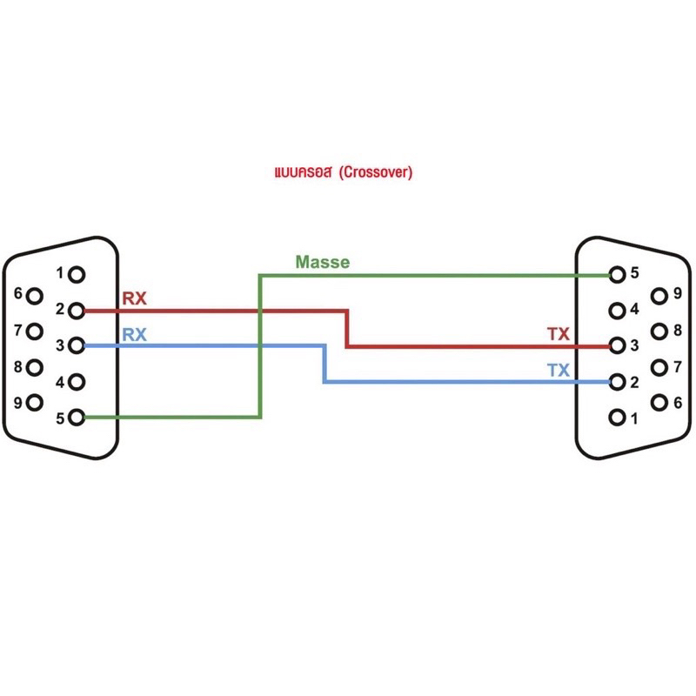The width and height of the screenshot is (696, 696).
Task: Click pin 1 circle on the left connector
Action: (77, 275)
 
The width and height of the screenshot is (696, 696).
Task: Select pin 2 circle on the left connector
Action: (77, 311)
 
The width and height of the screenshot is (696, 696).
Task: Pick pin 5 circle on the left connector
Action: (77, 418)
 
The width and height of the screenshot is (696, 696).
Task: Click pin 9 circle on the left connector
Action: (35, 403)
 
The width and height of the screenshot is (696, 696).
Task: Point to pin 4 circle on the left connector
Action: (77, 382)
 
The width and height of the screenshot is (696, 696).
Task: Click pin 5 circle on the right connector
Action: (617, 274)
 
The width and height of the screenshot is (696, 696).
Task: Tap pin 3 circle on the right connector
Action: (617, 345)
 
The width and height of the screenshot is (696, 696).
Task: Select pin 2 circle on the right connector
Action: (617, 382)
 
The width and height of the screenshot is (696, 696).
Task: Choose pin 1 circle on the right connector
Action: (617, 418)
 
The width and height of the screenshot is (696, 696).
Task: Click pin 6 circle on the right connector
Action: (659, 403)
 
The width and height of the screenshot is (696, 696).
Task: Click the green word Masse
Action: (322, 262)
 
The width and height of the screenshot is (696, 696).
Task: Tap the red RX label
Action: (134, 299)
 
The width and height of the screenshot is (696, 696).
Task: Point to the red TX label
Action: (558, 334)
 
